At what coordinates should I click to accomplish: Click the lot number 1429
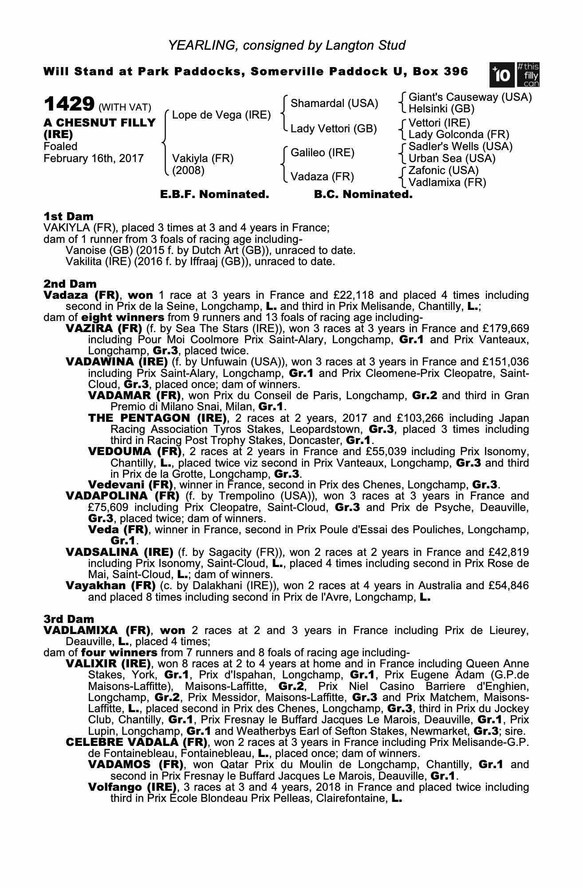point(69,104)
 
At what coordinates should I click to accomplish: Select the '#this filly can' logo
point(528,75)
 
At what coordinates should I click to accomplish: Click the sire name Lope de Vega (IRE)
point(221,115)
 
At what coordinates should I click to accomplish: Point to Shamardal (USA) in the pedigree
point(334,103)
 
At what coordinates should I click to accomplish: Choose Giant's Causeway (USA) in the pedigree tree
point(470,97)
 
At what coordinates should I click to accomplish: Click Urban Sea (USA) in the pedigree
point(452,159)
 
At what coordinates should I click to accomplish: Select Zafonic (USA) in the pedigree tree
point(443,170)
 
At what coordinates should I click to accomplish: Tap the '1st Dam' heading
point(68,216)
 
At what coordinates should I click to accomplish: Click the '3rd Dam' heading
point(69,619)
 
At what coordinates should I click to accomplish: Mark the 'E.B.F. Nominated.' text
point(214,194)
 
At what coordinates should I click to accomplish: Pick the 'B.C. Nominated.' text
point(363,194)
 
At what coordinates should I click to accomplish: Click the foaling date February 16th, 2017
point(94,159)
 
